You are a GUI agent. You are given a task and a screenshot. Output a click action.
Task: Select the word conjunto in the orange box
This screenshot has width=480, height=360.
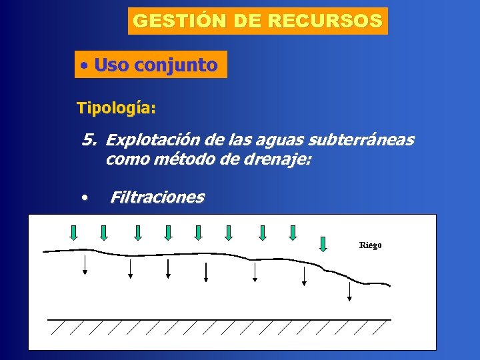(175, 65)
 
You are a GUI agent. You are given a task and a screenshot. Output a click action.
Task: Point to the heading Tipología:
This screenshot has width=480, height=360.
(117, 107)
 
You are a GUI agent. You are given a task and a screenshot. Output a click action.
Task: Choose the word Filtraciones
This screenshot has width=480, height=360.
(157, 197)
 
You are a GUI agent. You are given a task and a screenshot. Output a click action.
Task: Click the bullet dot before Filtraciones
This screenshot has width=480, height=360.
(85, 198)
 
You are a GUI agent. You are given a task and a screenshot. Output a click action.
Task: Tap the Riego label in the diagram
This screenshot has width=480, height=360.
(371, 245)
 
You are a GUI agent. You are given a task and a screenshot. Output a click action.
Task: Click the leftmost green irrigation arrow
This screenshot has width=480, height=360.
(74, 232)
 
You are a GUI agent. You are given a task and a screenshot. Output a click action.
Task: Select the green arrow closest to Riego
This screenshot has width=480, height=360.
(323, 243)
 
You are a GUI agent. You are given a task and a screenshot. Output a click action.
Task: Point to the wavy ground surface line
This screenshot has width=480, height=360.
(200, 253)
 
